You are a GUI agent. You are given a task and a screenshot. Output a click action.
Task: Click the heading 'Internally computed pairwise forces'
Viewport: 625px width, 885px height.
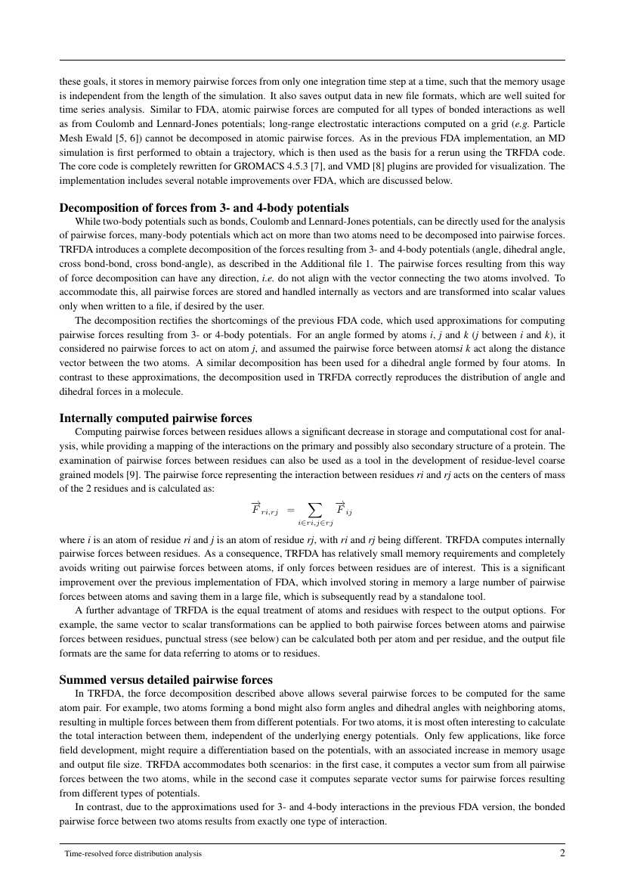click(156, 418)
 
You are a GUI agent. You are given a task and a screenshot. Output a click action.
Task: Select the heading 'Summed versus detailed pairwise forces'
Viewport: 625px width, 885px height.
click(166, 679)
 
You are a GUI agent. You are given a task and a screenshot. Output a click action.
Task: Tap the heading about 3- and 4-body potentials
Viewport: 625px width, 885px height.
click(204, 207)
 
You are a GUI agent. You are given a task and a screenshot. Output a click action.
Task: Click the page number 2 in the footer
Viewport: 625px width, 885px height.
click(562, 853)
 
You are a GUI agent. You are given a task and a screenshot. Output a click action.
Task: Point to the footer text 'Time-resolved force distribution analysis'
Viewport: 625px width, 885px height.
click(133, 854)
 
